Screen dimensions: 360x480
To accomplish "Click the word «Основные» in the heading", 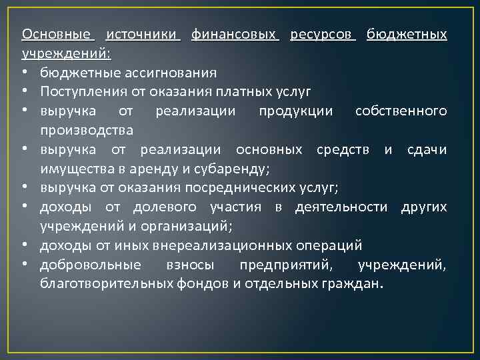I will (58, 34).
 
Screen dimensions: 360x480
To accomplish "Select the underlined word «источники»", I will (143, 34).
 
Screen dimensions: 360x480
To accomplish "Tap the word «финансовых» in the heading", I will (235, 34).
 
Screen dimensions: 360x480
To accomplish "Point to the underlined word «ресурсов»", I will (323, 34).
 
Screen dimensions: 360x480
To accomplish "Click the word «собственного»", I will (401, 110).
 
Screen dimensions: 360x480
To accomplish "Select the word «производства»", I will (87, 129).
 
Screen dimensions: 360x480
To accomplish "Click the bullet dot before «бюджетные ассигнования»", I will (25, 72).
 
